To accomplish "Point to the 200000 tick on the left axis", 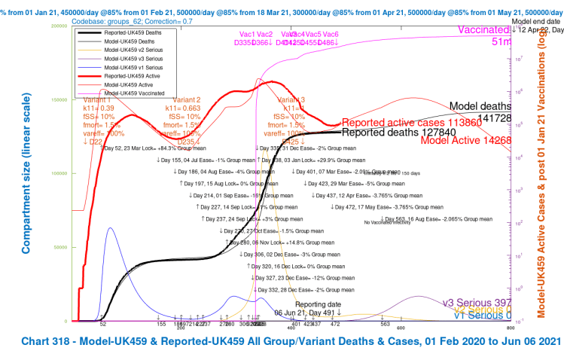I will (x=58, y=26).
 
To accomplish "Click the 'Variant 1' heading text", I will (x=96, y=100).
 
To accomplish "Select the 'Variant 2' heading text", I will (x=187, y=100).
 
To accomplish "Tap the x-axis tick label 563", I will (x=386, y=324).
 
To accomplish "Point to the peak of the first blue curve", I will (x=110, y=227).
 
